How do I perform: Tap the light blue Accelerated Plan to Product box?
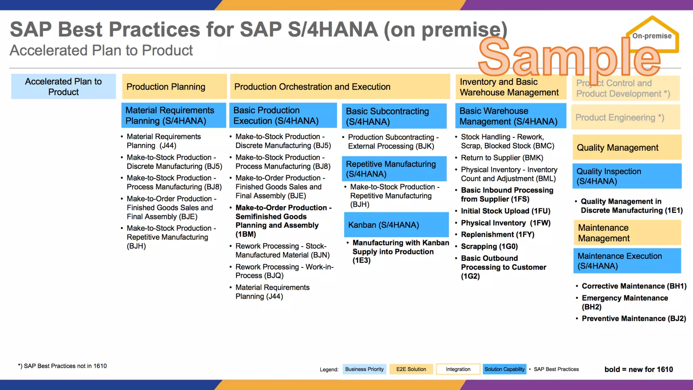[x=63, y=87]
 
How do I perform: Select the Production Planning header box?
[x=174, y=87]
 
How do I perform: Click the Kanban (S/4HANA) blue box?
[x=396, y=225]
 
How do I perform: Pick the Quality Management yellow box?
[x=627, y=148]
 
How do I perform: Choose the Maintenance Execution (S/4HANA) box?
[x=627, y=261]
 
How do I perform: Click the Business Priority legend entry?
[x=364, y=369]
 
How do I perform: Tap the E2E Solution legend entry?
[x=411, y=369]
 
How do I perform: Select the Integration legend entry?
[x=458, y=369]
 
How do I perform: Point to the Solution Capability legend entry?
[x=504, y=369]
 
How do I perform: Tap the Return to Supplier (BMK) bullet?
[x=502, y=158]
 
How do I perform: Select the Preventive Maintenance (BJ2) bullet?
[x=633, y=319]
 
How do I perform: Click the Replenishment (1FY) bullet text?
[x=497, y=235]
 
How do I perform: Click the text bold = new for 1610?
[x=639, y=369]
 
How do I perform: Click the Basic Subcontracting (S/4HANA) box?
[x=394, y=116]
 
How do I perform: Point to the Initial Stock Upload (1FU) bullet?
[x=505, y=211]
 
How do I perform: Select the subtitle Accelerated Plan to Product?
[x=101, y=50]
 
